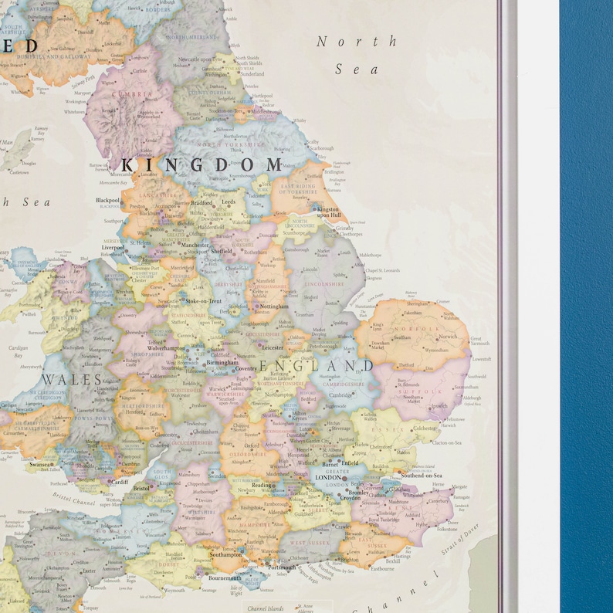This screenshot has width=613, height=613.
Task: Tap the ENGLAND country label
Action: [x=317, y=366]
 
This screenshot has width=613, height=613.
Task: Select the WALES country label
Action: [x=71, y=380]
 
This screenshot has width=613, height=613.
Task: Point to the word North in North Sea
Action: [x=356, y=42]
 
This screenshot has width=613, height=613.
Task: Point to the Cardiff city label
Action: [x=118, y=483]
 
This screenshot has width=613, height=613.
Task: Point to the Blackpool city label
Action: [x=107, y=200]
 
